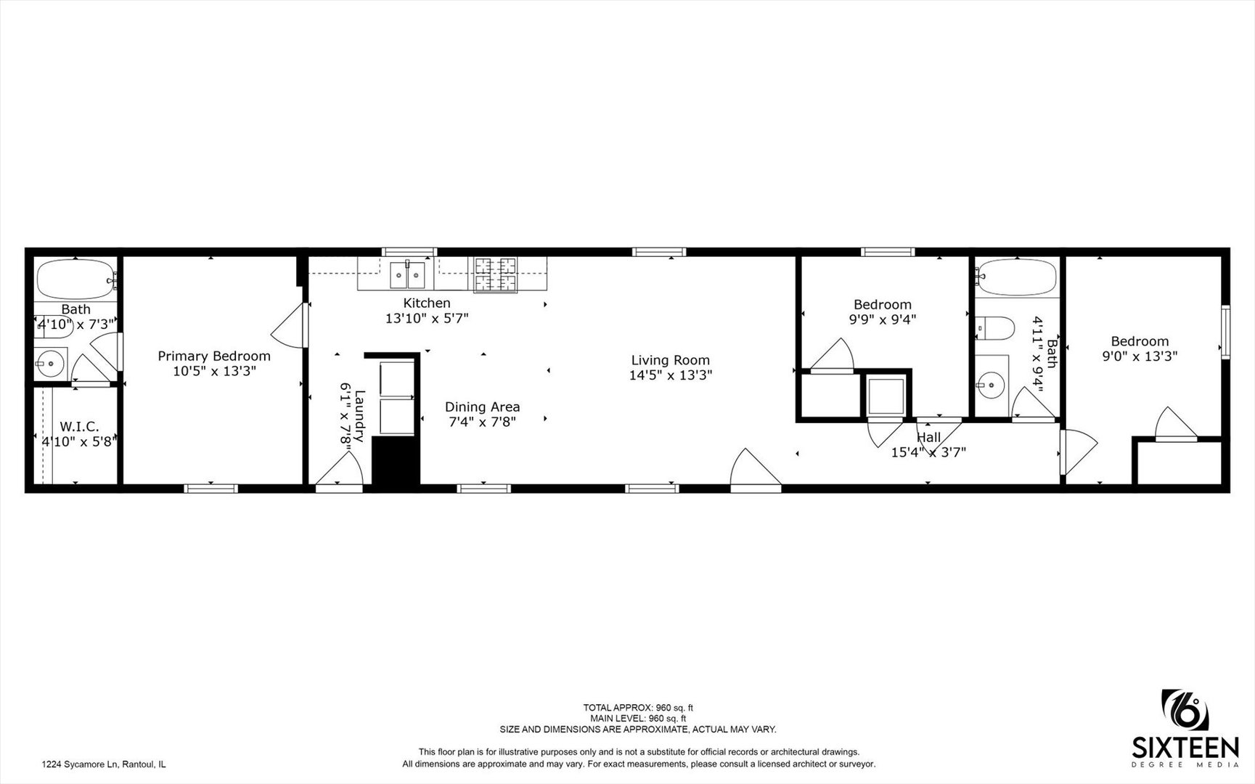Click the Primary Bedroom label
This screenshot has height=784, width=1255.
pyautogui.click(x=214, y=356)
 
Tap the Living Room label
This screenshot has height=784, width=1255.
pyautogui.click(x=670, y=360)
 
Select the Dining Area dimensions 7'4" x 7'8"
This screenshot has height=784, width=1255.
pyautogui.click(x=482, y=421)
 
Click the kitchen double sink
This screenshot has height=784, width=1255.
pyautogui.click(x=406, y=274)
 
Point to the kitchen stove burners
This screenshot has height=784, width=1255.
pyautogui.click(x=495, y=274)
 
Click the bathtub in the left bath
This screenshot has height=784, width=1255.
pyautogui.click(x=75, y=277)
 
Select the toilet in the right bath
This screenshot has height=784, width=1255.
pyautogui.click(x=995, y=327)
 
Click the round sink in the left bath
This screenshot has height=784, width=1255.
pyautogui.click(x=50, y=362)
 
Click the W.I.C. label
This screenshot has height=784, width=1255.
pyautogui.click(x=79, y=426)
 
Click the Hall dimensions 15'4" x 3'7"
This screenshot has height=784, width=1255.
pyautogui.click(x=928, y=452)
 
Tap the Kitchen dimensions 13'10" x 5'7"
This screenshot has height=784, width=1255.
pyautogui.click(x=427, y=318)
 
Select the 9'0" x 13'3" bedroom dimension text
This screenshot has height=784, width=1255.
pyautogui.click(x=1140, y=356)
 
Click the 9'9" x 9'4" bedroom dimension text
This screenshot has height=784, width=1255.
pyautogui.click(x=883, y=319)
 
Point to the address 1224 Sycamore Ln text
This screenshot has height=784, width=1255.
pyautogui.click(x=104, y=764)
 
